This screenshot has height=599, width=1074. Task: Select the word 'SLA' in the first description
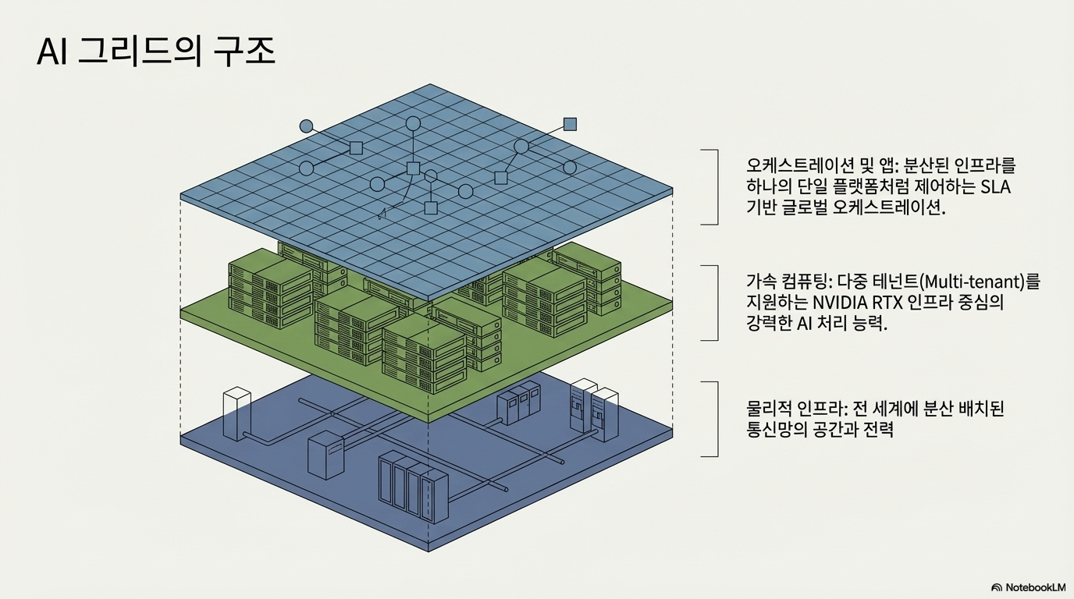point(994,187)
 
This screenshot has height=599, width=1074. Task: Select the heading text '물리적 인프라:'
point(793,409)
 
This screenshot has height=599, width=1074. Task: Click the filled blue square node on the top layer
point(570,123)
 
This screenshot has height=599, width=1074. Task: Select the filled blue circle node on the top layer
point(306,126)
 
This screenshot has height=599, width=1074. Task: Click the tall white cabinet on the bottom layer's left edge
point(236,413)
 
